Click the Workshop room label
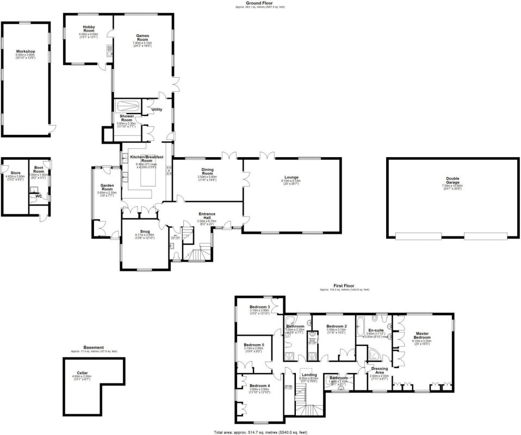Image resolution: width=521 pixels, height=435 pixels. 26,52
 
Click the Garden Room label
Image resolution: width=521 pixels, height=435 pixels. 106,186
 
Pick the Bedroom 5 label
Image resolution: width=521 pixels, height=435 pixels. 254,345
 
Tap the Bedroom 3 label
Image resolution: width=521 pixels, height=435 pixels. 260,307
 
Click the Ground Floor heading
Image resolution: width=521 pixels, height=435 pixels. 259,3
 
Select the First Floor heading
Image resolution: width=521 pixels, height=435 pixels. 344,285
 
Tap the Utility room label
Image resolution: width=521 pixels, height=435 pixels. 157,110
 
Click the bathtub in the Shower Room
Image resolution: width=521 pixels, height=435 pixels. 127,105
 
